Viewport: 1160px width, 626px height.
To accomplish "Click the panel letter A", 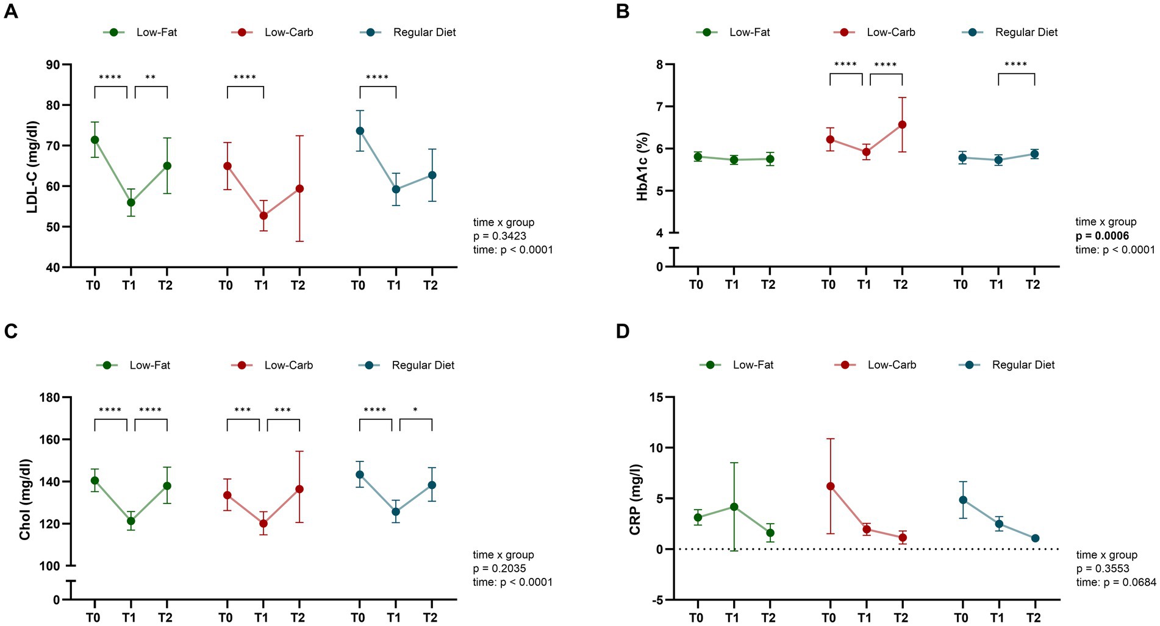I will [10, 11].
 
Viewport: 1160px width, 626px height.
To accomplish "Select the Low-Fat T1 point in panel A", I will [131, 202].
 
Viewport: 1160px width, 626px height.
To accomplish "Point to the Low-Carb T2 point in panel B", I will [902, 125].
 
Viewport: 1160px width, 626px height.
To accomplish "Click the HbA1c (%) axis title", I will [642, 166].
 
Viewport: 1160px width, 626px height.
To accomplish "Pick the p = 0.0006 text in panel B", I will [1102, 236].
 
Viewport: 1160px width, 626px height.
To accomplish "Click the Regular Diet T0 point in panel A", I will [360, 130].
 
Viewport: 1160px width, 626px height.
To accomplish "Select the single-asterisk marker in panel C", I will [415, 410].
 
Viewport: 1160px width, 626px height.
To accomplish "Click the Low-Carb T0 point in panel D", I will [830, 486].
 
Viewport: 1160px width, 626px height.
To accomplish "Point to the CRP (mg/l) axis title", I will [635, 500].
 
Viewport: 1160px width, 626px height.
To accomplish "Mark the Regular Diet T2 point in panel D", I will [1035, 538].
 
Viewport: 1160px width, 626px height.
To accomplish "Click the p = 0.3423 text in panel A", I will [499, 236].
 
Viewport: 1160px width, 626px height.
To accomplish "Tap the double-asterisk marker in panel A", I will [150, 77].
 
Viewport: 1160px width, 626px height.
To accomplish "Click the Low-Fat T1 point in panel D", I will [734, 507].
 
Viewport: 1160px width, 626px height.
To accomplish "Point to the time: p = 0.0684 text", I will [1115, 582].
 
